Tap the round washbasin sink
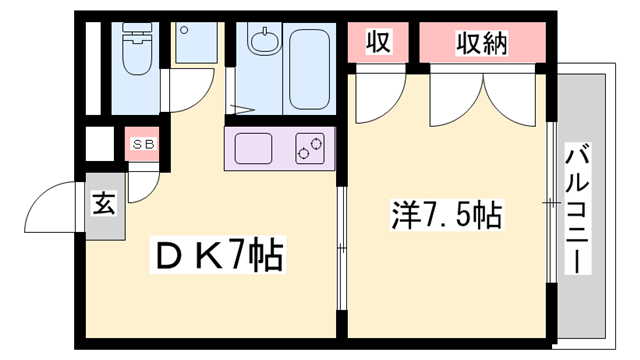pos(264,43)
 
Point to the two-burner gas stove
pos(309,150)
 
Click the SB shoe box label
pos(142,144)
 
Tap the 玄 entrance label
pos(105,205)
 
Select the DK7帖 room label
pos(218,256)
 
